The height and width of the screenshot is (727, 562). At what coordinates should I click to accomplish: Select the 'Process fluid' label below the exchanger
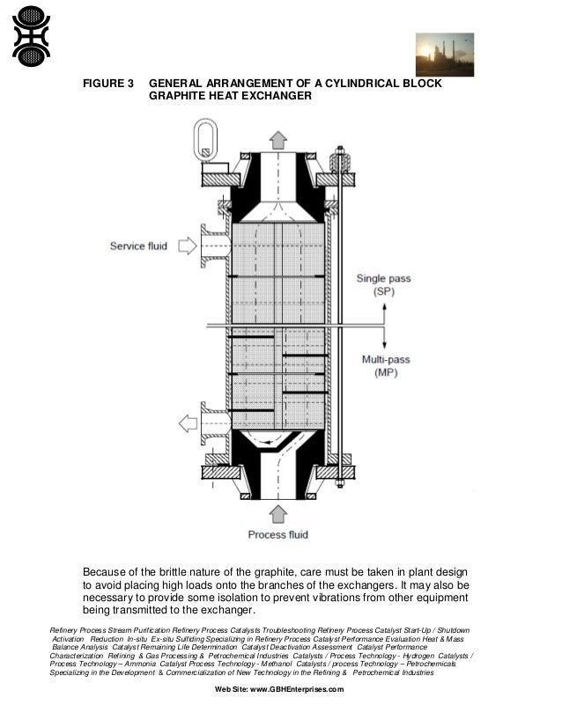[x=278, y=533]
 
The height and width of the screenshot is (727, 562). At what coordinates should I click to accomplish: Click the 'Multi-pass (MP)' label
[x=384, y=366]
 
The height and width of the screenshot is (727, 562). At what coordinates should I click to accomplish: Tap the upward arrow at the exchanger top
[x=278, y=140]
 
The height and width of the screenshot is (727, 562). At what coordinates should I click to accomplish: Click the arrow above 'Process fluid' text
[x=278, y=513]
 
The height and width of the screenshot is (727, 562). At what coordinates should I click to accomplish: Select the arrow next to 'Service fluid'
[x=187, y=246]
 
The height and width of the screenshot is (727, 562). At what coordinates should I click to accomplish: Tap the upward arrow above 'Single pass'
[x=384, y=312]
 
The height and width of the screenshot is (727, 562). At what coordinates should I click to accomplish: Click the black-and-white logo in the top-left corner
[x=31, y=36]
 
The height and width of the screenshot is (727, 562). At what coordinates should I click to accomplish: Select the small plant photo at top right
[x=444, y=55]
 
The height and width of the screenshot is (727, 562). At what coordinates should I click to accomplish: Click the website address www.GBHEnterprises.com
[x=290, y=689]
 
